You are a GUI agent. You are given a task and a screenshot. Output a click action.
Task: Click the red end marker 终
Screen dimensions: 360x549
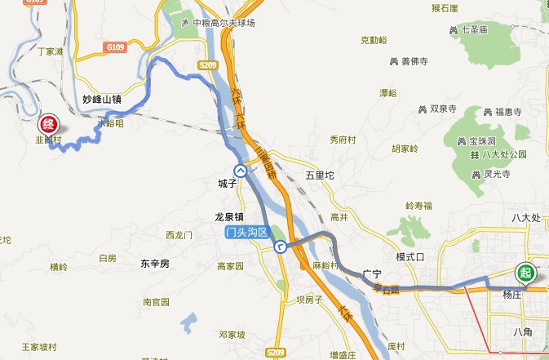click(x=48, y=125)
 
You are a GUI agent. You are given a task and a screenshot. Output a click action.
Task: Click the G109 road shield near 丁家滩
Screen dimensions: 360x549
click(x=115, y=48)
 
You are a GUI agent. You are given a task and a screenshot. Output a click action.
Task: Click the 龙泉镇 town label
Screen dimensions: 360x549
click(x=229, y=217)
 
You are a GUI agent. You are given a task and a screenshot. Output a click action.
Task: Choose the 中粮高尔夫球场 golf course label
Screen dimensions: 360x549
click(x=224, y=22)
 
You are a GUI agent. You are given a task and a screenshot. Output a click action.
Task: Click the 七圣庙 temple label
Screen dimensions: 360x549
click(x=474, y=29)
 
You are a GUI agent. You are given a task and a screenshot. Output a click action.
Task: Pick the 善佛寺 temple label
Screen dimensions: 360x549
click(x=415, y=61)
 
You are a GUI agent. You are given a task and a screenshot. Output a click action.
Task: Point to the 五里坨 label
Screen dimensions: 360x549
click(x=320, y=175)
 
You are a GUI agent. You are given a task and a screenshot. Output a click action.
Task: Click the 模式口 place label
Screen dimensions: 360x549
click(x=411, y=256)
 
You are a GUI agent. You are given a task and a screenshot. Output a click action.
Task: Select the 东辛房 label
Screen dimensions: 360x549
click(x=153, y=264)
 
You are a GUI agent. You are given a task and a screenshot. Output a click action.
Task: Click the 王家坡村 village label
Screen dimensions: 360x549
click(x=38, y=347)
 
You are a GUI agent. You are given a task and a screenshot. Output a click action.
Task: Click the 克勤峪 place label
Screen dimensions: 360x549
click(x=374, y=39)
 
